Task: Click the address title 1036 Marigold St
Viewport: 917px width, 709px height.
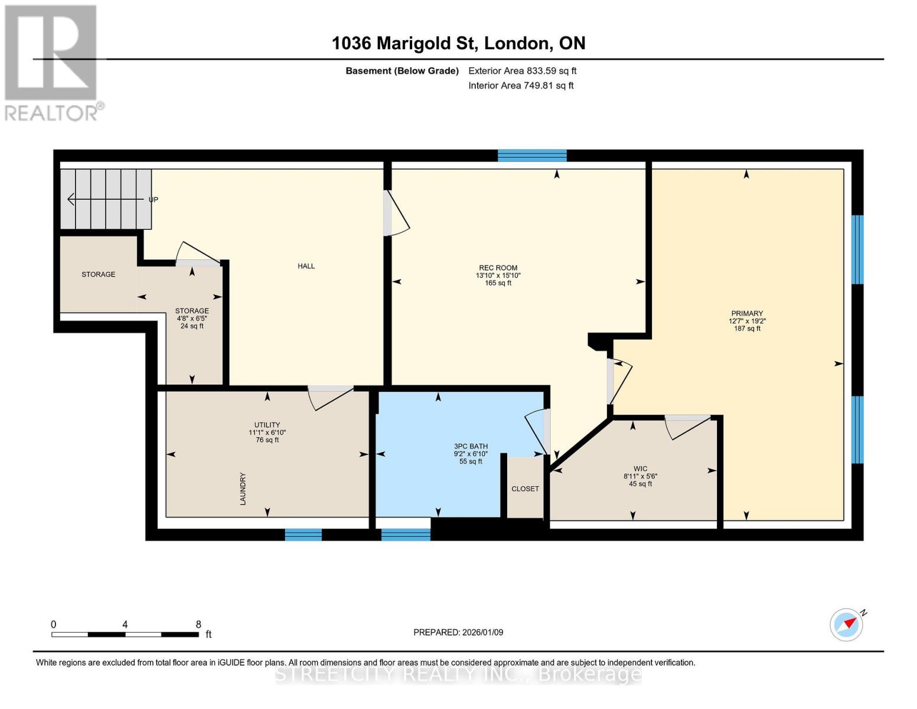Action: pos(458,43)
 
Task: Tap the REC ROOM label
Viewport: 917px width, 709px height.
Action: pos(498,268)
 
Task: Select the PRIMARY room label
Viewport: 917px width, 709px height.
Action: pos(747,314)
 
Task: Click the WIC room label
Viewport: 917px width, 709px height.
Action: pos(640,469)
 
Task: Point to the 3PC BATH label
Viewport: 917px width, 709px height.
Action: pos(471,447)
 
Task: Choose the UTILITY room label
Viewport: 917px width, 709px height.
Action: pos(267,425)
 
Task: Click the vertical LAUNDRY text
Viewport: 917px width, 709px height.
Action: pos(243,489)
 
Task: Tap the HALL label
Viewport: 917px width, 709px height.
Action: pos(306,266)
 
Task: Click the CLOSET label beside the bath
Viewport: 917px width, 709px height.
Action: pos(525,489)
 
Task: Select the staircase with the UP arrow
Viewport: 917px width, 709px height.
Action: pos(106,199)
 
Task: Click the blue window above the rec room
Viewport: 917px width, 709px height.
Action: pos(532,156)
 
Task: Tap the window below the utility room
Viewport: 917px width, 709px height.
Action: pos(304,535)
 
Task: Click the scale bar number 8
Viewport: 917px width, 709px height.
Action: pos(198,625)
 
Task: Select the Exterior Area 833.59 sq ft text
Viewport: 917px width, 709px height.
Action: pos(522,71)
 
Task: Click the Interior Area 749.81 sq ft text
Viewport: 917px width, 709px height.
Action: pos(521,86)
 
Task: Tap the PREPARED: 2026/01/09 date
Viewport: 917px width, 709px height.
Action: pos(458,632)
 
